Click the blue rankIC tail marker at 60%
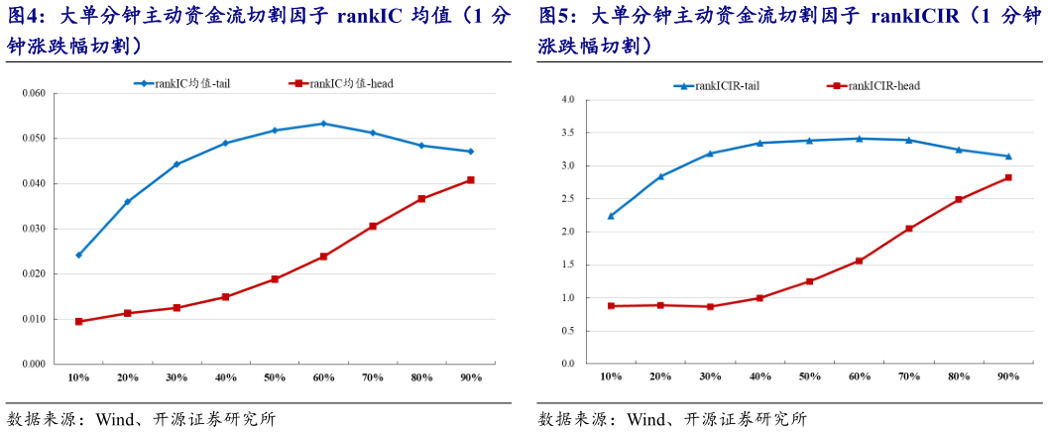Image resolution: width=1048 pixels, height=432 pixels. pos(323,124)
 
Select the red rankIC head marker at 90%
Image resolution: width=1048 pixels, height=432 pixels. pos(470,180)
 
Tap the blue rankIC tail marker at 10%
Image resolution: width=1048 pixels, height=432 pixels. pos(78,255)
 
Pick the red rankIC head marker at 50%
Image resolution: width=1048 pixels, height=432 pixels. pos(275,279)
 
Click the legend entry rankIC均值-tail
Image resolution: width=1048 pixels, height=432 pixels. pos(189,84)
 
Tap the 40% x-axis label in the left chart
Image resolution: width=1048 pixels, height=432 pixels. pos(225,378)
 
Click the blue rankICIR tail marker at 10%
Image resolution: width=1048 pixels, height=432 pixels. pos(611,216)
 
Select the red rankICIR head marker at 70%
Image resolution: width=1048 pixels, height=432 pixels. pos(909,229)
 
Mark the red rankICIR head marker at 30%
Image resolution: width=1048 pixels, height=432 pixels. pos(710,307)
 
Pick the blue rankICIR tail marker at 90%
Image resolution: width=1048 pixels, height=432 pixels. pos(1008,157)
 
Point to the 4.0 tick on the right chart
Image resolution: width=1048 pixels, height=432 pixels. pos(567,100)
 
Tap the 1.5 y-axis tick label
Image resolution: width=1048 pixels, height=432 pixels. pos(567,266)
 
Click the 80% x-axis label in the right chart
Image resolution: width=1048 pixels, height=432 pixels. pos(958,377)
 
